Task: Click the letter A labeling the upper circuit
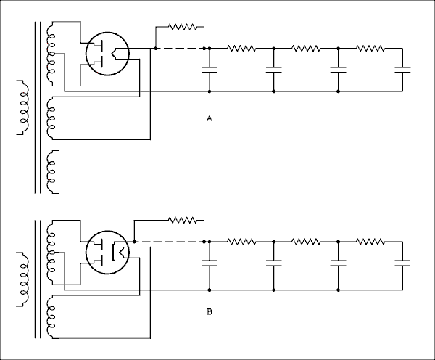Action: (x=209, y=118)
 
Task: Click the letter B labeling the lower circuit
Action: (x=209, y=313)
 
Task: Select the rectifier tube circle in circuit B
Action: (x=107, y=252)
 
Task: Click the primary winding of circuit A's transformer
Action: (x=22, y=109)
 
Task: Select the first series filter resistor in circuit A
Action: (x=241, y=49)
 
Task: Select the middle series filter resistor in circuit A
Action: (x=305, y=49)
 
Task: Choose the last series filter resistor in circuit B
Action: (x=370, y=241)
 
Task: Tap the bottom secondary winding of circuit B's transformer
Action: (x=51, y=319)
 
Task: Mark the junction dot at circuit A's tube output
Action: (x=156, y=49)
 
